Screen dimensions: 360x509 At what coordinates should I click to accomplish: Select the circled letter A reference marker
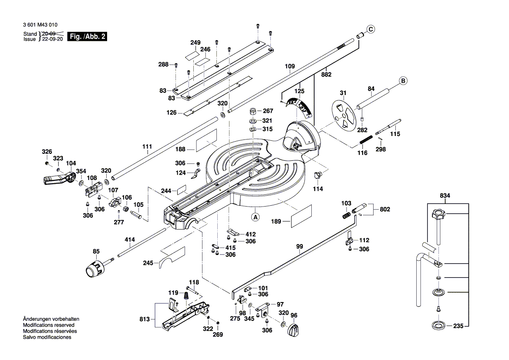(x=255, y=216)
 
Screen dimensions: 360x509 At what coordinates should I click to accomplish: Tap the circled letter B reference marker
(x=403, y=81)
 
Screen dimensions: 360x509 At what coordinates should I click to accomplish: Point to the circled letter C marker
(x=370, y=30)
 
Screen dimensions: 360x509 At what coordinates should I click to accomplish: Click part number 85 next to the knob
(x=96, y=251)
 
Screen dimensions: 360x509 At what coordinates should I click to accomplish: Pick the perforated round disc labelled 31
(x=344, y=114)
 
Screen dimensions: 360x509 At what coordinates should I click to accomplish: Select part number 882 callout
(x=326, y=75)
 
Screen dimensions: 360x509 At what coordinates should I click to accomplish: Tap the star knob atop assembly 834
(x=438, y=215)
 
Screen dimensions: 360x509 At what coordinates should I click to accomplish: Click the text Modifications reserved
(x=48, y=325)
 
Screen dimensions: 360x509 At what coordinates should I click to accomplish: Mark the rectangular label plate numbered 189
(x=302, y=216)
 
